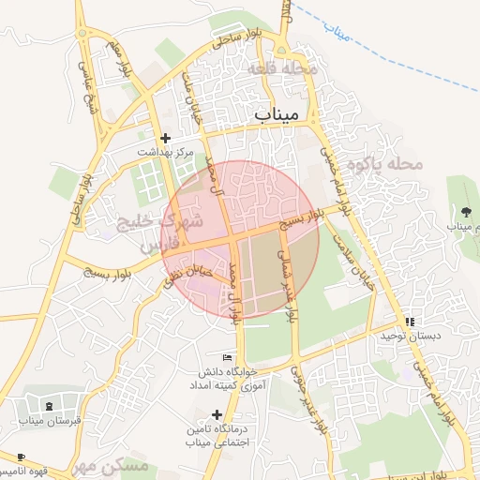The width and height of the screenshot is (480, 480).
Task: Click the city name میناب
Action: point(277,113)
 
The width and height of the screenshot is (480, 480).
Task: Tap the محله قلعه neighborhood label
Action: point(284,69)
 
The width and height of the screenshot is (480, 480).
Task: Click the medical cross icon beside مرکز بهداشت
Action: point(166,138)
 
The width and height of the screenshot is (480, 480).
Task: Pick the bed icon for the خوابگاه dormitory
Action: point(226,357)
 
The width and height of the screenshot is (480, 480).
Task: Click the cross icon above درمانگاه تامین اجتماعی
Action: point(217,413)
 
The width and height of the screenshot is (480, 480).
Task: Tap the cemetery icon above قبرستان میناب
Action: point(49,405)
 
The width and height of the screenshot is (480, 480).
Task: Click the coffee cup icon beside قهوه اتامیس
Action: point(19,457)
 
